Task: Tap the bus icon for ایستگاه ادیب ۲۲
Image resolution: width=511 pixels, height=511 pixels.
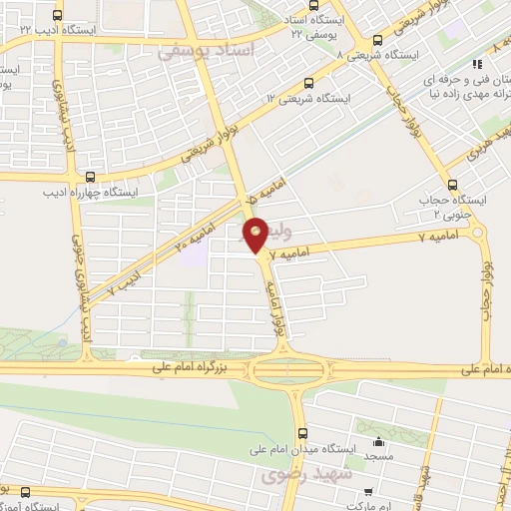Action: [x=56, y=16]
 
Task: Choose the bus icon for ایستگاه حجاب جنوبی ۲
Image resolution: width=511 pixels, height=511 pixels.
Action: [x=454, y=184]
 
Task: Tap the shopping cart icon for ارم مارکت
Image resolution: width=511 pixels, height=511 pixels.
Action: [x=368, y=491]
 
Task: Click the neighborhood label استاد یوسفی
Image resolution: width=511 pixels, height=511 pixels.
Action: [x=209, y=48]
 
